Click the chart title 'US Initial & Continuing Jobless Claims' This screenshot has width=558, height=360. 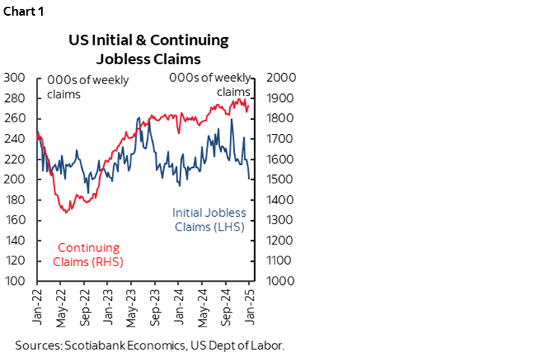tap(148, 49)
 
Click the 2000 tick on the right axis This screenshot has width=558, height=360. tap(272, 78)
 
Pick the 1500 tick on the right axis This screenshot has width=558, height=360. tap(272, 180)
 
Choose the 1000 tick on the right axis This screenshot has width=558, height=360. tap(272, 282)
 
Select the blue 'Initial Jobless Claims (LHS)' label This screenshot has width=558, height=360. tap(209, 220)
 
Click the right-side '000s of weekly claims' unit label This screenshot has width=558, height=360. tap(211, 84)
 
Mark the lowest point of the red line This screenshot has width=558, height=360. tap(66, 213)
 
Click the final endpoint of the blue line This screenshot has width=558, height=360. tap(250, 179)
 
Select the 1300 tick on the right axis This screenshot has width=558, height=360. tap(272, 221)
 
